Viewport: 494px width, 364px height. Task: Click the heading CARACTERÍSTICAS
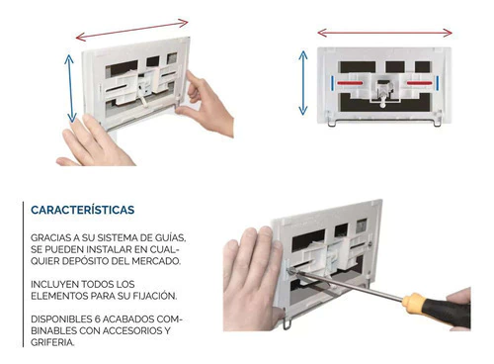83,210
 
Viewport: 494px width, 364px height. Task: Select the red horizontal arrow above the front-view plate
384,33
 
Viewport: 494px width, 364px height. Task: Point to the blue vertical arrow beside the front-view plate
303,83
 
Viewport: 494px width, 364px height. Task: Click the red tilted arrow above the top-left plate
131,30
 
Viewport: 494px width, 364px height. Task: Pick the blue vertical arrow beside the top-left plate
70,88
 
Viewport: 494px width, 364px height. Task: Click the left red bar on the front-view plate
349,83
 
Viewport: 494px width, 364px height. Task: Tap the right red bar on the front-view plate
420,83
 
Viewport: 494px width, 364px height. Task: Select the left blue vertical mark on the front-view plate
333,83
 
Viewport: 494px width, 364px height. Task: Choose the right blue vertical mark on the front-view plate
438,83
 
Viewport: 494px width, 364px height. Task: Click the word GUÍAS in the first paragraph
171,237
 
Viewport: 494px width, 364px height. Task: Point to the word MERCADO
156,261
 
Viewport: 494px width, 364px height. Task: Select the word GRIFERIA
52,342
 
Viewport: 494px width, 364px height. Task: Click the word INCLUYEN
54,284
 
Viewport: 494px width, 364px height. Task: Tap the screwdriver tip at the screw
291,271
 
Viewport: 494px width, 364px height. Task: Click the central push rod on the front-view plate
382,100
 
